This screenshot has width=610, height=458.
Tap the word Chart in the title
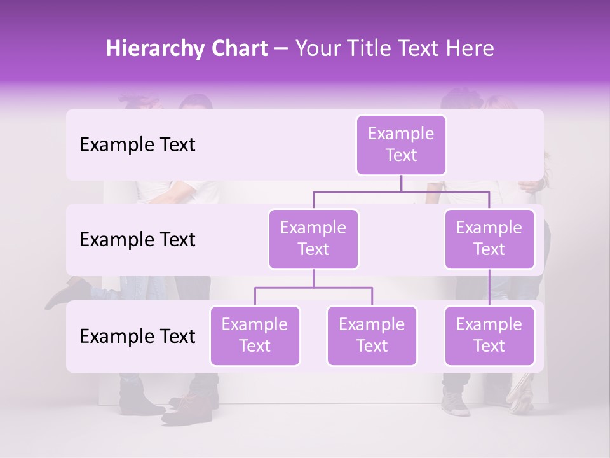point(236,49)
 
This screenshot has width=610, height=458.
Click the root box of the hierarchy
point(401,144)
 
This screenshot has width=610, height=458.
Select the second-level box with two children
point(313,239)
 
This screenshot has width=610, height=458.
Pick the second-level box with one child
point(489,239)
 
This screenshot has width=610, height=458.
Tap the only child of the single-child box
point(489,335)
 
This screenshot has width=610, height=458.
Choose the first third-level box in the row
point(255,335)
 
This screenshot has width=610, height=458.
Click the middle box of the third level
point(372,335)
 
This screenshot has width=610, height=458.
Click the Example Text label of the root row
point(137,144)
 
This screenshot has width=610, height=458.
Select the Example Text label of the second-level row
point(137,239)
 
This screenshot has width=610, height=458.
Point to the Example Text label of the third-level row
point(137,336)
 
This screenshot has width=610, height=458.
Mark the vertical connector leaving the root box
point(401,183)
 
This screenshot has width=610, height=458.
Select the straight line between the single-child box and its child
point(489,288)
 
